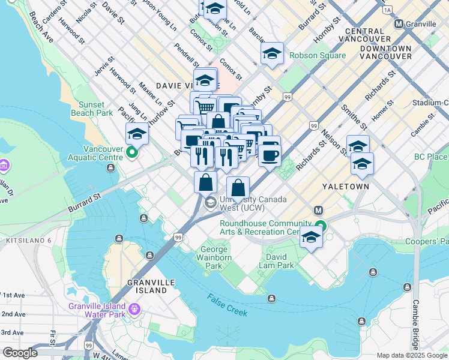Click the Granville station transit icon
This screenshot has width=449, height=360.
(399, 24)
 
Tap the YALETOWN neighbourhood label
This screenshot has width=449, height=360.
(346, 187)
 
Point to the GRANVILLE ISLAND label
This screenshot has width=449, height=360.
(147, 286)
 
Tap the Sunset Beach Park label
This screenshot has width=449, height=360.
(95, 109)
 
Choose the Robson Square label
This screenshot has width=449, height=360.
(318, 56)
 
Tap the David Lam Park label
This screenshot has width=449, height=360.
(277, 261)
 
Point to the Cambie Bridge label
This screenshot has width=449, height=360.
(415, 324)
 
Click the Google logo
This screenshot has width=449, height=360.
(20, 353)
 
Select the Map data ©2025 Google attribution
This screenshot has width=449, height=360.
(412, 355)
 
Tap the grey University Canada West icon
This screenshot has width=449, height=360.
(210, 203)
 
